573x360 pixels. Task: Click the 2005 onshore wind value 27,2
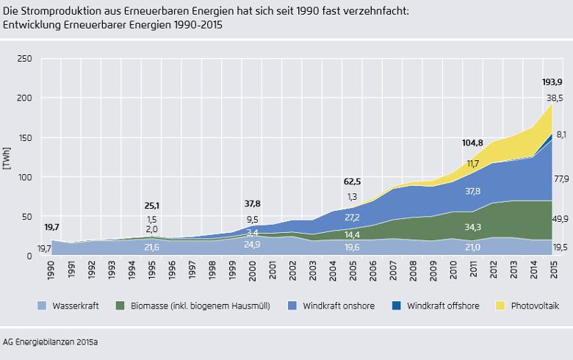pos(353,218)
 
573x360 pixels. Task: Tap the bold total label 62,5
pos(353,180)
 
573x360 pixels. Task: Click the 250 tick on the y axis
pos(25,58)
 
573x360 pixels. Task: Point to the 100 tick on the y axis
pos(25,177)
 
